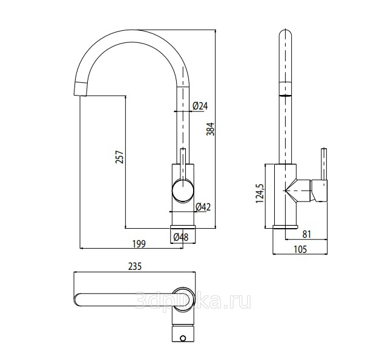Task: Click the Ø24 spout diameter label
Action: pyautogui.click(x=200, y=106)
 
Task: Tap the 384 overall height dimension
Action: pyautogui.click(x=211, y=129)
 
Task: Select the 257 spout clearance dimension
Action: pyautogui.click(x=120, y=157)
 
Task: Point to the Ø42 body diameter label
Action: pyautogui.click(x=203, y=207)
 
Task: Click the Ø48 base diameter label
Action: pyautogui.click(x=181, y=237)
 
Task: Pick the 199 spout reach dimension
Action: pyautogui.click(x=139, y=244)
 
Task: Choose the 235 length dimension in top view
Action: pyautogui.click(x=135, y=266)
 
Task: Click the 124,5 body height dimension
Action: pyautogui.click(x=260, y=194)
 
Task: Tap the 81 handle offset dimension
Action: pyautogui.click(x=307, y=234)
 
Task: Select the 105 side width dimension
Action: pyautogui.click(x=300, y=249)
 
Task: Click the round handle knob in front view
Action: pyautogui.click(x=182, y=191)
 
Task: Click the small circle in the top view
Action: pyautogui.click(x=183, y=339)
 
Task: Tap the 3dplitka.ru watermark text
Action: pyautogui.click(x=192, y=301)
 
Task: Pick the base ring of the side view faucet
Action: pyautogui.click(x=285, y=227)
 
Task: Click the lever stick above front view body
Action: pyautogui.click(x=183, y=164)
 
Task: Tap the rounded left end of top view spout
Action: pyautogui.click(x=77, y=300)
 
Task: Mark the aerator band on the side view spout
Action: pyautogui.click(x=286, y=88)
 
